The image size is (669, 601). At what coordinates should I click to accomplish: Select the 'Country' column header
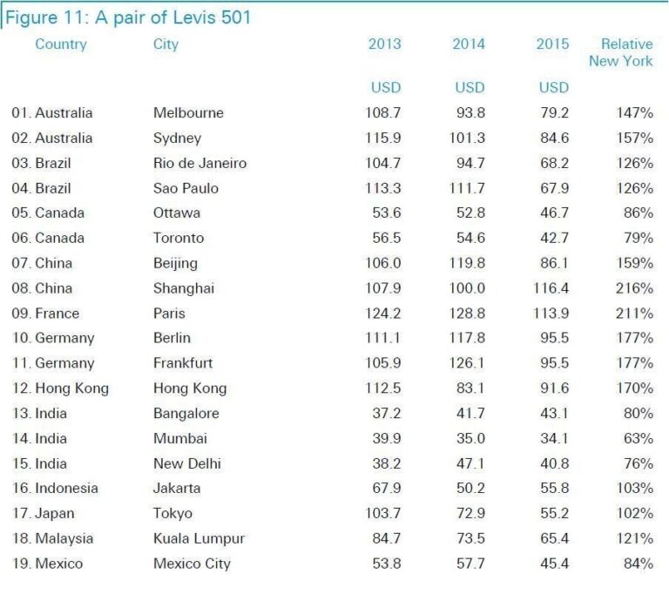click(x=61, y=44)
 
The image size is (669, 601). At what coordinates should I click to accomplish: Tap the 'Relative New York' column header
click(x=620, y=52)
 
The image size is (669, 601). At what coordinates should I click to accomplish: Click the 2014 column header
click(x=469, y=44)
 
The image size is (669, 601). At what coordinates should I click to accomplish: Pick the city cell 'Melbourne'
click(x=188, y=112)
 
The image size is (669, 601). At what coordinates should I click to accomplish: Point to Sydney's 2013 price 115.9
click(x=383, y=138)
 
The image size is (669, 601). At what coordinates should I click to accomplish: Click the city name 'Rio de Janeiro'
click(x=199, y=163)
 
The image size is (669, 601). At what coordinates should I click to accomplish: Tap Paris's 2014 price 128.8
click(x=468, y=314)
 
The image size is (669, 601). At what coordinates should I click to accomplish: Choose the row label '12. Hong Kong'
click(x=60, y=388)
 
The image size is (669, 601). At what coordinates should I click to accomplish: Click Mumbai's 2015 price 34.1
click(x=553, y=439)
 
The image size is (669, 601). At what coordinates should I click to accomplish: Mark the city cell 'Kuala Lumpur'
click(x=199, y=538)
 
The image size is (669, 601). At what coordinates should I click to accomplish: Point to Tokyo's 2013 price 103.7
click(x=383, y=514)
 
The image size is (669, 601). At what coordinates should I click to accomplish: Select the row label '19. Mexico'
click(x=47, y=564)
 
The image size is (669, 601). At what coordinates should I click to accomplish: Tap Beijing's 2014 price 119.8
click(x=468, y=263)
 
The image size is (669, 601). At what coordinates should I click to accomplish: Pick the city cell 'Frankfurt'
click(x=183, y=363)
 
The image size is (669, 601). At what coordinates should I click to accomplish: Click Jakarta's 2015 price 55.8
click(x=553, y=489)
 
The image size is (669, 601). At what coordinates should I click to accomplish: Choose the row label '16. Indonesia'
click(x=55, y=489)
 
